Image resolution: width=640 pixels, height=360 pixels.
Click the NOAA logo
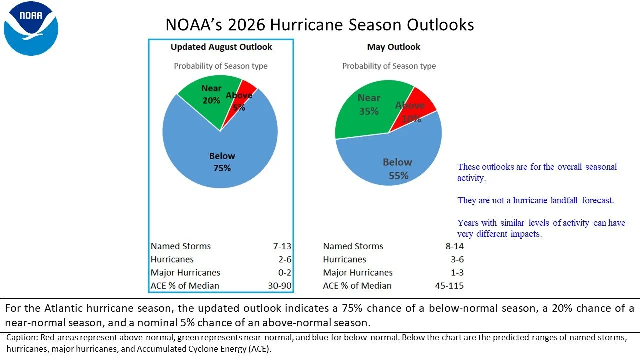point(31,28)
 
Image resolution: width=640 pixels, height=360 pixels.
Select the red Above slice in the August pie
point(243,97)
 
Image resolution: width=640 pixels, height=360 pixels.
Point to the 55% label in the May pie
point(398,175)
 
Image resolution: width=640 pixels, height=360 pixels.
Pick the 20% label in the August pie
point(211,100)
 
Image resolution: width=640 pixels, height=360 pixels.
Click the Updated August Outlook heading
point(221,47)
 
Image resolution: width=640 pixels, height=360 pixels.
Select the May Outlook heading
point(393,47)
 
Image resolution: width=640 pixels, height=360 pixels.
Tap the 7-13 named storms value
point(282,246)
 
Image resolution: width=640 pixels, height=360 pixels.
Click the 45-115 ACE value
point(449,285)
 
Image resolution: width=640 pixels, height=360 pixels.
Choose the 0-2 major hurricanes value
point(285,272)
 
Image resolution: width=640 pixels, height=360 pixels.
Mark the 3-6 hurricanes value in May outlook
point(457,259)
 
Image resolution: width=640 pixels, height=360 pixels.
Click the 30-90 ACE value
point(279,285)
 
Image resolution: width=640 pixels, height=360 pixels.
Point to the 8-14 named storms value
point(455,246)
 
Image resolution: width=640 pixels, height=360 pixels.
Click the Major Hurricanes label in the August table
point(185,272)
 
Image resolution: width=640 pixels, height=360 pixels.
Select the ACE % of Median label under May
point(357,285)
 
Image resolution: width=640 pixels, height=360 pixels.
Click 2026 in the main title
point(247,25)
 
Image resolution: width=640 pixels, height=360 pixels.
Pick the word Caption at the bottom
point(21,338)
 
